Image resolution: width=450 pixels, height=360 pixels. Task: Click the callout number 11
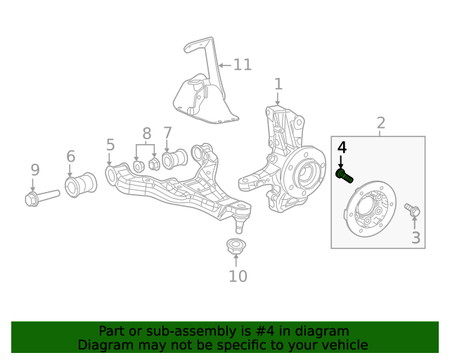click(242, 65)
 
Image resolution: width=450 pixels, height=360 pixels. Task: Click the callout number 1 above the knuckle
click(278, 84)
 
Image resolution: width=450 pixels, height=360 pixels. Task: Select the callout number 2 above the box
click(380, 124)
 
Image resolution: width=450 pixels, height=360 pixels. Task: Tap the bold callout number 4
click(342, 148)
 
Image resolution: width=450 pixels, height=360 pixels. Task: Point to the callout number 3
click(416, 238)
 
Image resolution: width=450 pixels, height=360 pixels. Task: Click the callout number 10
click(238, 276)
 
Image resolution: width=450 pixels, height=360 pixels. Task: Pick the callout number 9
click(34, 169)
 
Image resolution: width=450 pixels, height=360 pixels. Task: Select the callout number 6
click(70, 156)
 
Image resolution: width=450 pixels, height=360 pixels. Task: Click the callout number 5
click(110, 145)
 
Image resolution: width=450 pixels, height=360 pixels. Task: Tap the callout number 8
click(146, 134)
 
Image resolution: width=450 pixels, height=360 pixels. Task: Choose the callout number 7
click(167, 132)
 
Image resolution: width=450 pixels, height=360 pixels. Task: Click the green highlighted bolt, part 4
click(345, 176)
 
